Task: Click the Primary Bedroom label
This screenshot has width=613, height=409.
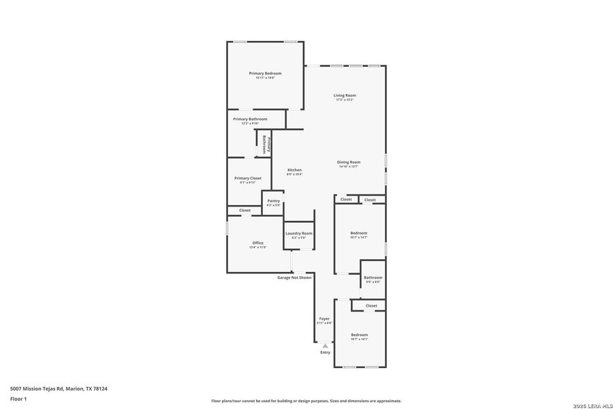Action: pos(265,74)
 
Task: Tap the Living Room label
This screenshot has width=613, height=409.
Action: pos(345,95)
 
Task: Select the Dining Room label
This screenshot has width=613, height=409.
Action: pos(349,162)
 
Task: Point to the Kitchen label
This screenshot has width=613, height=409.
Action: pos(294,170)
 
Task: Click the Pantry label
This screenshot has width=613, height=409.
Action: pos(273,201)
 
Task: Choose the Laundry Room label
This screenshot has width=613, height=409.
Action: pos(299,233)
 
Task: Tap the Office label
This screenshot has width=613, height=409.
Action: pos(258,243)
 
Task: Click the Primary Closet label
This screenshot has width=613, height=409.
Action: pos(247,178)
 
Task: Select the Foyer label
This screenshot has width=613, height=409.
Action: pos(325,318)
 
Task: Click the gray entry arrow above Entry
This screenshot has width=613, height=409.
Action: pos(325,346)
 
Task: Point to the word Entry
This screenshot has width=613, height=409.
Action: pos(325,352)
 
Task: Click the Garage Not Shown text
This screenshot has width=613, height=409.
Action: pos(294,277)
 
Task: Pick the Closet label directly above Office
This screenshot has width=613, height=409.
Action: pos(245,210)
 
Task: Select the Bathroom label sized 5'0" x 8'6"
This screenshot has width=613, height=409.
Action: pos(373,277)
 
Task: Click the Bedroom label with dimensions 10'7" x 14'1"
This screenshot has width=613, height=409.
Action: pos(359,335)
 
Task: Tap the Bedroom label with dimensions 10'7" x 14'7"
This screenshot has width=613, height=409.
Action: pos(359,233)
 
